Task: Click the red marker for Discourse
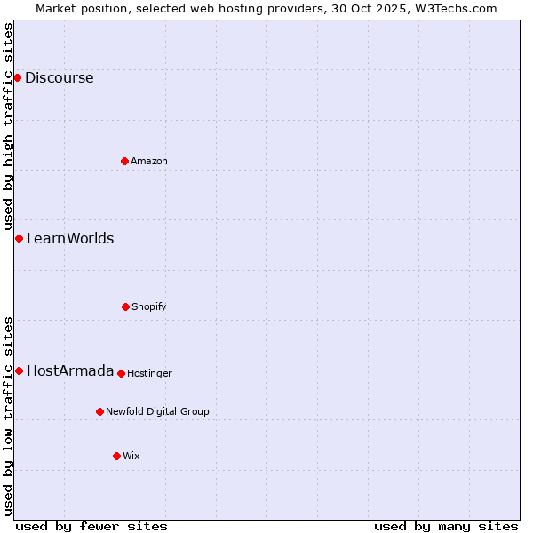(17, 77)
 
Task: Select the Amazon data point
(124, 161)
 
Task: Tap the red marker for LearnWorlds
(19, 238)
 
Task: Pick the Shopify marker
(125, 306)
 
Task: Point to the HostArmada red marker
(19, 370)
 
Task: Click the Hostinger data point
(121, 373)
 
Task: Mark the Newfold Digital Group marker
(99, 411)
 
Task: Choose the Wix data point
(116, 456)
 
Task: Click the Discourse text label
(59, 77)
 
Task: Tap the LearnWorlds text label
(70, 238)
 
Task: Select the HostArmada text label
(70, 370)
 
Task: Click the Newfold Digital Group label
(157, 411)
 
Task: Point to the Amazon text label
(149, 161)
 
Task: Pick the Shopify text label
(149, 306)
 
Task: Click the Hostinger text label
(149, 373)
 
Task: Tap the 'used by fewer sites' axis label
(91, 526)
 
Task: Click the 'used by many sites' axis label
(446, 526)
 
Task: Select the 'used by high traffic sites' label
(8, 127)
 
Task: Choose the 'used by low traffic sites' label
(8, 416)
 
